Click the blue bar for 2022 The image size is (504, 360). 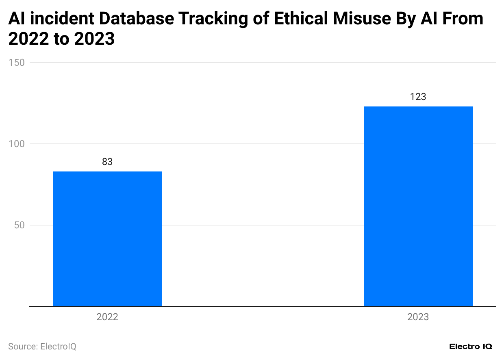[107, 239]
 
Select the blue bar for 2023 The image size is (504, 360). [418, 206]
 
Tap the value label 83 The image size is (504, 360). [107, 162]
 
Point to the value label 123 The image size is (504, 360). [418, 97]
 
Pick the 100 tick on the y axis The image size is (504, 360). [17, 144]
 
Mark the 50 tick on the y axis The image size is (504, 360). [20, 225]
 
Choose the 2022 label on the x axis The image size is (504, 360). [107, 317]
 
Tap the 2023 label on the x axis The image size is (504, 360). [418, 317]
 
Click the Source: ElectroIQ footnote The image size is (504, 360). [42, 347]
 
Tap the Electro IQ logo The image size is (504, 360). [471, 347]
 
